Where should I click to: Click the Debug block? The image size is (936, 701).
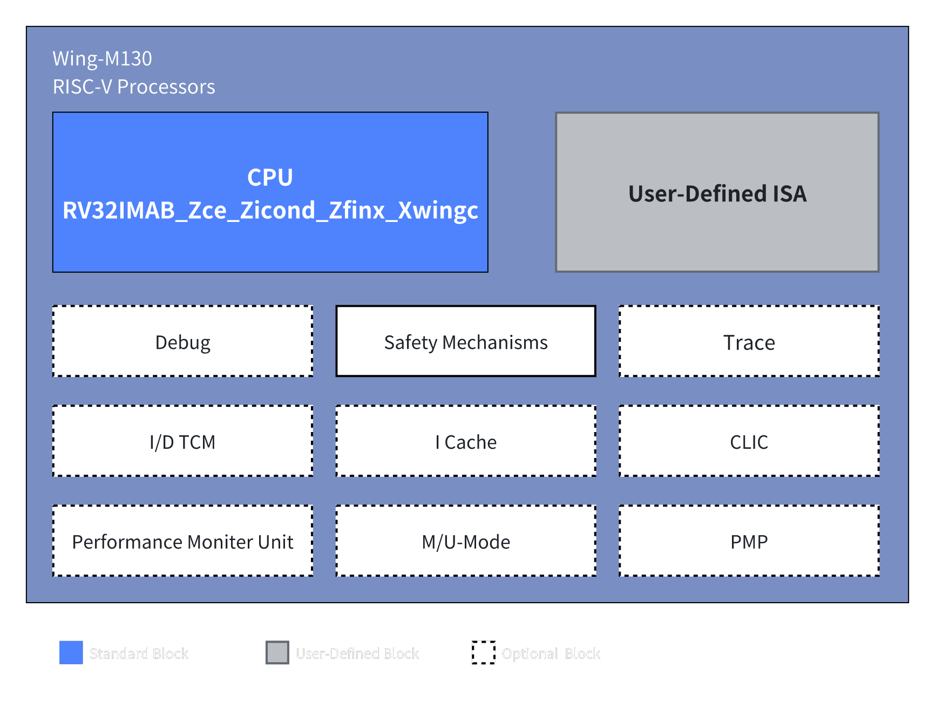182,342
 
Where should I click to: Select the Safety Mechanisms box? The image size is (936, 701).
465,342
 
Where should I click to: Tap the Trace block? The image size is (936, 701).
749,342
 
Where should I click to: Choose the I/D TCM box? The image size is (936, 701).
182,442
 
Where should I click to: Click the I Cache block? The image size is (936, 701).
465,442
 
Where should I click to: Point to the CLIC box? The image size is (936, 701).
749,442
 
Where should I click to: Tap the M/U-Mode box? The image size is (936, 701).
465,542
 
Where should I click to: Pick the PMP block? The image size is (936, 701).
749,542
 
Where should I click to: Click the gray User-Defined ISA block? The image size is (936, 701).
717,193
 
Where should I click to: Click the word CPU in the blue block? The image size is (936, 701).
270,177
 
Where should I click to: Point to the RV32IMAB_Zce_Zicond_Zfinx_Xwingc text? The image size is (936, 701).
270,211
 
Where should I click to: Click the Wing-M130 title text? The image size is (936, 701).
102,58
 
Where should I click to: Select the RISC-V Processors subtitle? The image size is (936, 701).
133,87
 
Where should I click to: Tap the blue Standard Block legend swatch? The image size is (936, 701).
71,652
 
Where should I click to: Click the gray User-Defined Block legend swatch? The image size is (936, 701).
277,652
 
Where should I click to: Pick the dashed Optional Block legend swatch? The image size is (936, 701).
483,652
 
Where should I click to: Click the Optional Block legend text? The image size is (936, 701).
551,653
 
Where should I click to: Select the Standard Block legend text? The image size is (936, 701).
139,653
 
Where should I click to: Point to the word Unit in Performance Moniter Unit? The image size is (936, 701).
275,542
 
